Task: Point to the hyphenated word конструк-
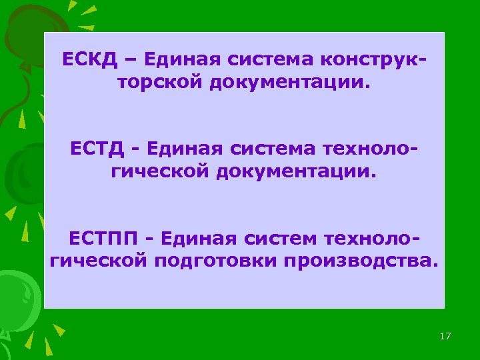(x=373, y=61)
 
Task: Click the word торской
(x=157, y=84)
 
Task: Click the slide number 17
(x=445, y=336)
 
